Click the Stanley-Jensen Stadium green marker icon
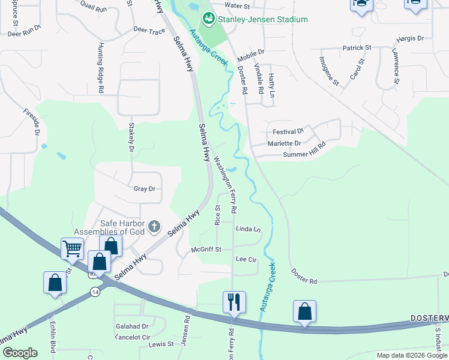click(209, 19)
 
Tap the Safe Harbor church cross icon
click(154, 227)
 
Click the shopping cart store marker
click(72, 248)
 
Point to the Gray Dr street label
click(145, 188)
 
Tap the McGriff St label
click(206, 249)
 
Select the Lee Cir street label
click(247, 259)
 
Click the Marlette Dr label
click(284, 143)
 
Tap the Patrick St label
click(357, 47)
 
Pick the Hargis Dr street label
click(411, 38)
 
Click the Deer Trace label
click(149, 30)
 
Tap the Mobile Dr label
click(250, 53)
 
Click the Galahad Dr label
click(132, 326)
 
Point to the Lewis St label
click(161, 344)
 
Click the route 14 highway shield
click(95, 291)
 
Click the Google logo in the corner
click(20, 353)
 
